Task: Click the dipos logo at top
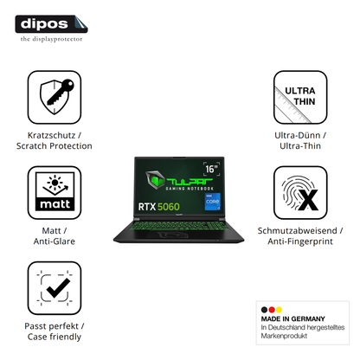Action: pos(51,24)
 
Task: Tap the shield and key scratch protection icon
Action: pos(55,98)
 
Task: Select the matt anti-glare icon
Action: pos(55,193)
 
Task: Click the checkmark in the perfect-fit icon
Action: pos(59,288)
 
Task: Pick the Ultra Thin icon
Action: pos(300,98)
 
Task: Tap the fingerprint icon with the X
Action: pos(300,193)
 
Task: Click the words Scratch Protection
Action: pos(55,146)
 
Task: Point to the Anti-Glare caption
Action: pos(55,241)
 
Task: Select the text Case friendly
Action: pos(55,337)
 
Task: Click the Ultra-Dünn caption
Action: pos(298,135)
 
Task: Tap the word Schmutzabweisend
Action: pos(297,230)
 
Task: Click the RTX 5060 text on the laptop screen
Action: pos(159,207)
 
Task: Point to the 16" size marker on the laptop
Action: pos(211,169)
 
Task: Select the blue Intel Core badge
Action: pos(213,202)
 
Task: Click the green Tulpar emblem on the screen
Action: pos(155,180)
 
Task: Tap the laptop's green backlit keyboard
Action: pos(179,226)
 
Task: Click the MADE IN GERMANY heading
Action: pos(292,318)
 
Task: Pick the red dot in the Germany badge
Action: pos(272,310)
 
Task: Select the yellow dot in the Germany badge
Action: pos(279,310)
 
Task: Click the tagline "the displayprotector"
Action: pos(51,39)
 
